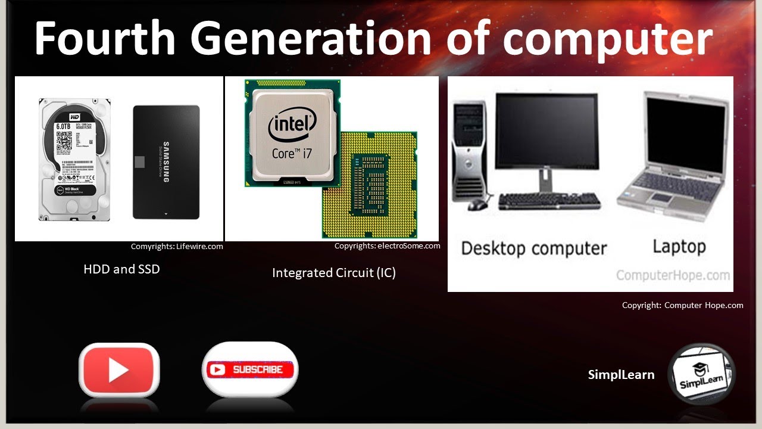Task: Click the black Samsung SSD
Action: coord(166,162)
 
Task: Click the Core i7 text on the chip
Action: coord(292,153)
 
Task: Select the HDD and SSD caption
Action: coord(121,269)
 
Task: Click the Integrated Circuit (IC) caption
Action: coord(333,273)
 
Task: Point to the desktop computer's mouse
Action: coord(477,204)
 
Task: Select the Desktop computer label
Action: coord(533,248)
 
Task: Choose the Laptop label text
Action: coord(679,247)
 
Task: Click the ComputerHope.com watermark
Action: coord(673,275)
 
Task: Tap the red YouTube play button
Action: coord(119,370)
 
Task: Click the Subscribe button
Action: coord(250,369)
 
